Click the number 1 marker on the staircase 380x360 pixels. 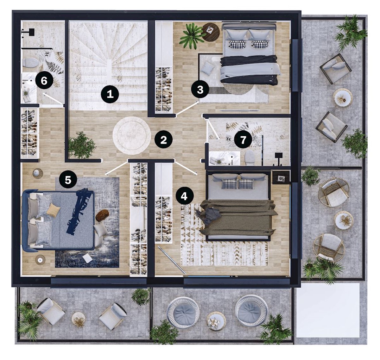tap(110, 94)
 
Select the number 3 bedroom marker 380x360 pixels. tap(200, 90)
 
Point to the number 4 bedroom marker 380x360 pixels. tap(184, 196)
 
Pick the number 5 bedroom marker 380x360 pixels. tap(68, 180)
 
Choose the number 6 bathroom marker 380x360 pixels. tap(44, 80)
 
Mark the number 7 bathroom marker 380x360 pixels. tap(243, 140)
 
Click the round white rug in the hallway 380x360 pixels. tap(132, 135)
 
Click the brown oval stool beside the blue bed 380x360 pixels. tap(102, 216)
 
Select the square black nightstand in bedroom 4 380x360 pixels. tap(281, 177)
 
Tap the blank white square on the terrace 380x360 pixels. tap(328, 310)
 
